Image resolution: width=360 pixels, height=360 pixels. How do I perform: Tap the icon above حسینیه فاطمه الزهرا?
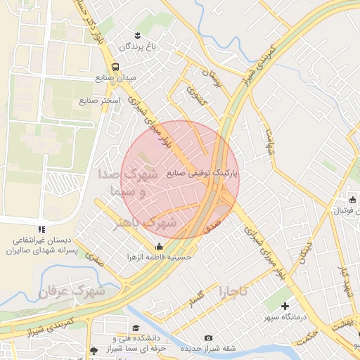159,246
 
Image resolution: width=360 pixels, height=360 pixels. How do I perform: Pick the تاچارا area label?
234,291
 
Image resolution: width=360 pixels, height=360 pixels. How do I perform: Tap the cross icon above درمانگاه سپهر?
285,306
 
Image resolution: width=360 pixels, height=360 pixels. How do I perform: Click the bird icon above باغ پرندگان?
139,34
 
